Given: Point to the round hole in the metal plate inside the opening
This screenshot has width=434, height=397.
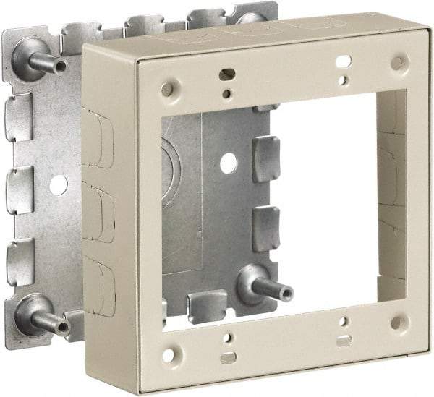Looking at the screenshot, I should [x=229, y=163].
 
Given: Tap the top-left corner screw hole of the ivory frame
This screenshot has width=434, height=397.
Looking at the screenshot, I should [x=167, y=89].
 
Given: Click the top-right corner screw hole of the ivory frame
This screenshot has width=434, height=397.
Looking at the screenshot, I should [x=397, y=63].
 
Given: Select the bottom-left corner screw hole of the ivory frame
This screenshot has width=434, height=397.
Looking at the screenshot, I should [x=169, y=354].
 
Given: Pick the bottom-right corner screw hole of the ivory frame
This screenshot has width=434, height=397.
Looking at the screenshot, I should [x=397, y=322].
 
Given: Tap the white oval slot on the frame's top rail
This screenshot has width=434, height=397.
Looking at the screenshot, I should [x=344, y=61].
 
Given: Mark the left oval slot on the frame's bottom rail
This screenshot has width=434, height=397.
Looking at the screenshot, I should [x=228, y=357].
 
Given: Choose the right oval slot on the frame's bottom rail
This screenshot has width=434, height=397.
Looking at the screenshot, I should [x=344, y=339].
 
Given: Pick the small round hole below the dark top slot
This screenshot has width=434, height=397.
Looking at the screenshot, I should [x=227, y=93].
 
